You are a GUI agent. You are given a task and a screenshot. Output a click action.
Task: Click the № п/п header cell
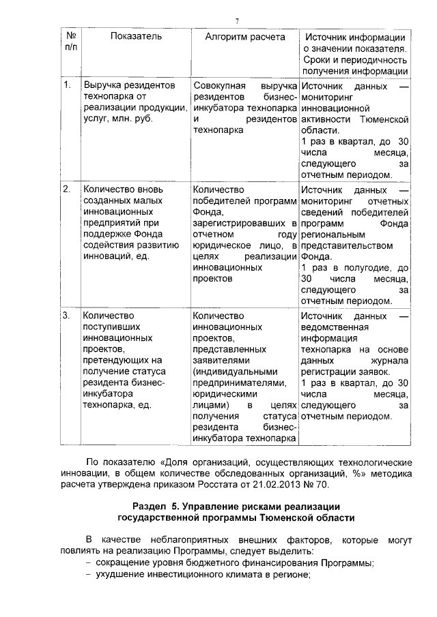[70, 42]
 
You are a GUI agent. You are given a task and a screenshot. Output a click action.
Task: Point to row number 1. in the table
[68, 85]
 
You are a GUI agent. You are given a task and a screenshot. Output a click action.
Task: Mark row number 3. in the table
[68, 316]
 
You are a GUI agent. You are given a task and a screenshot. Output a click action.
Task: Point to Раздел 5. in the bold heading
[156, 507]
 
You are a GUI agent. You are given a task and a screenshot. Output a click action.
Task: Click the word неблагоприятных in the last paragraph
[184, 539]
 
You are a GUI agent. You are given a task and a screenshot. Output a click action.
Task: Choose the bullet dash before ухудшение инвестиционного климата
[89, 575]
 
